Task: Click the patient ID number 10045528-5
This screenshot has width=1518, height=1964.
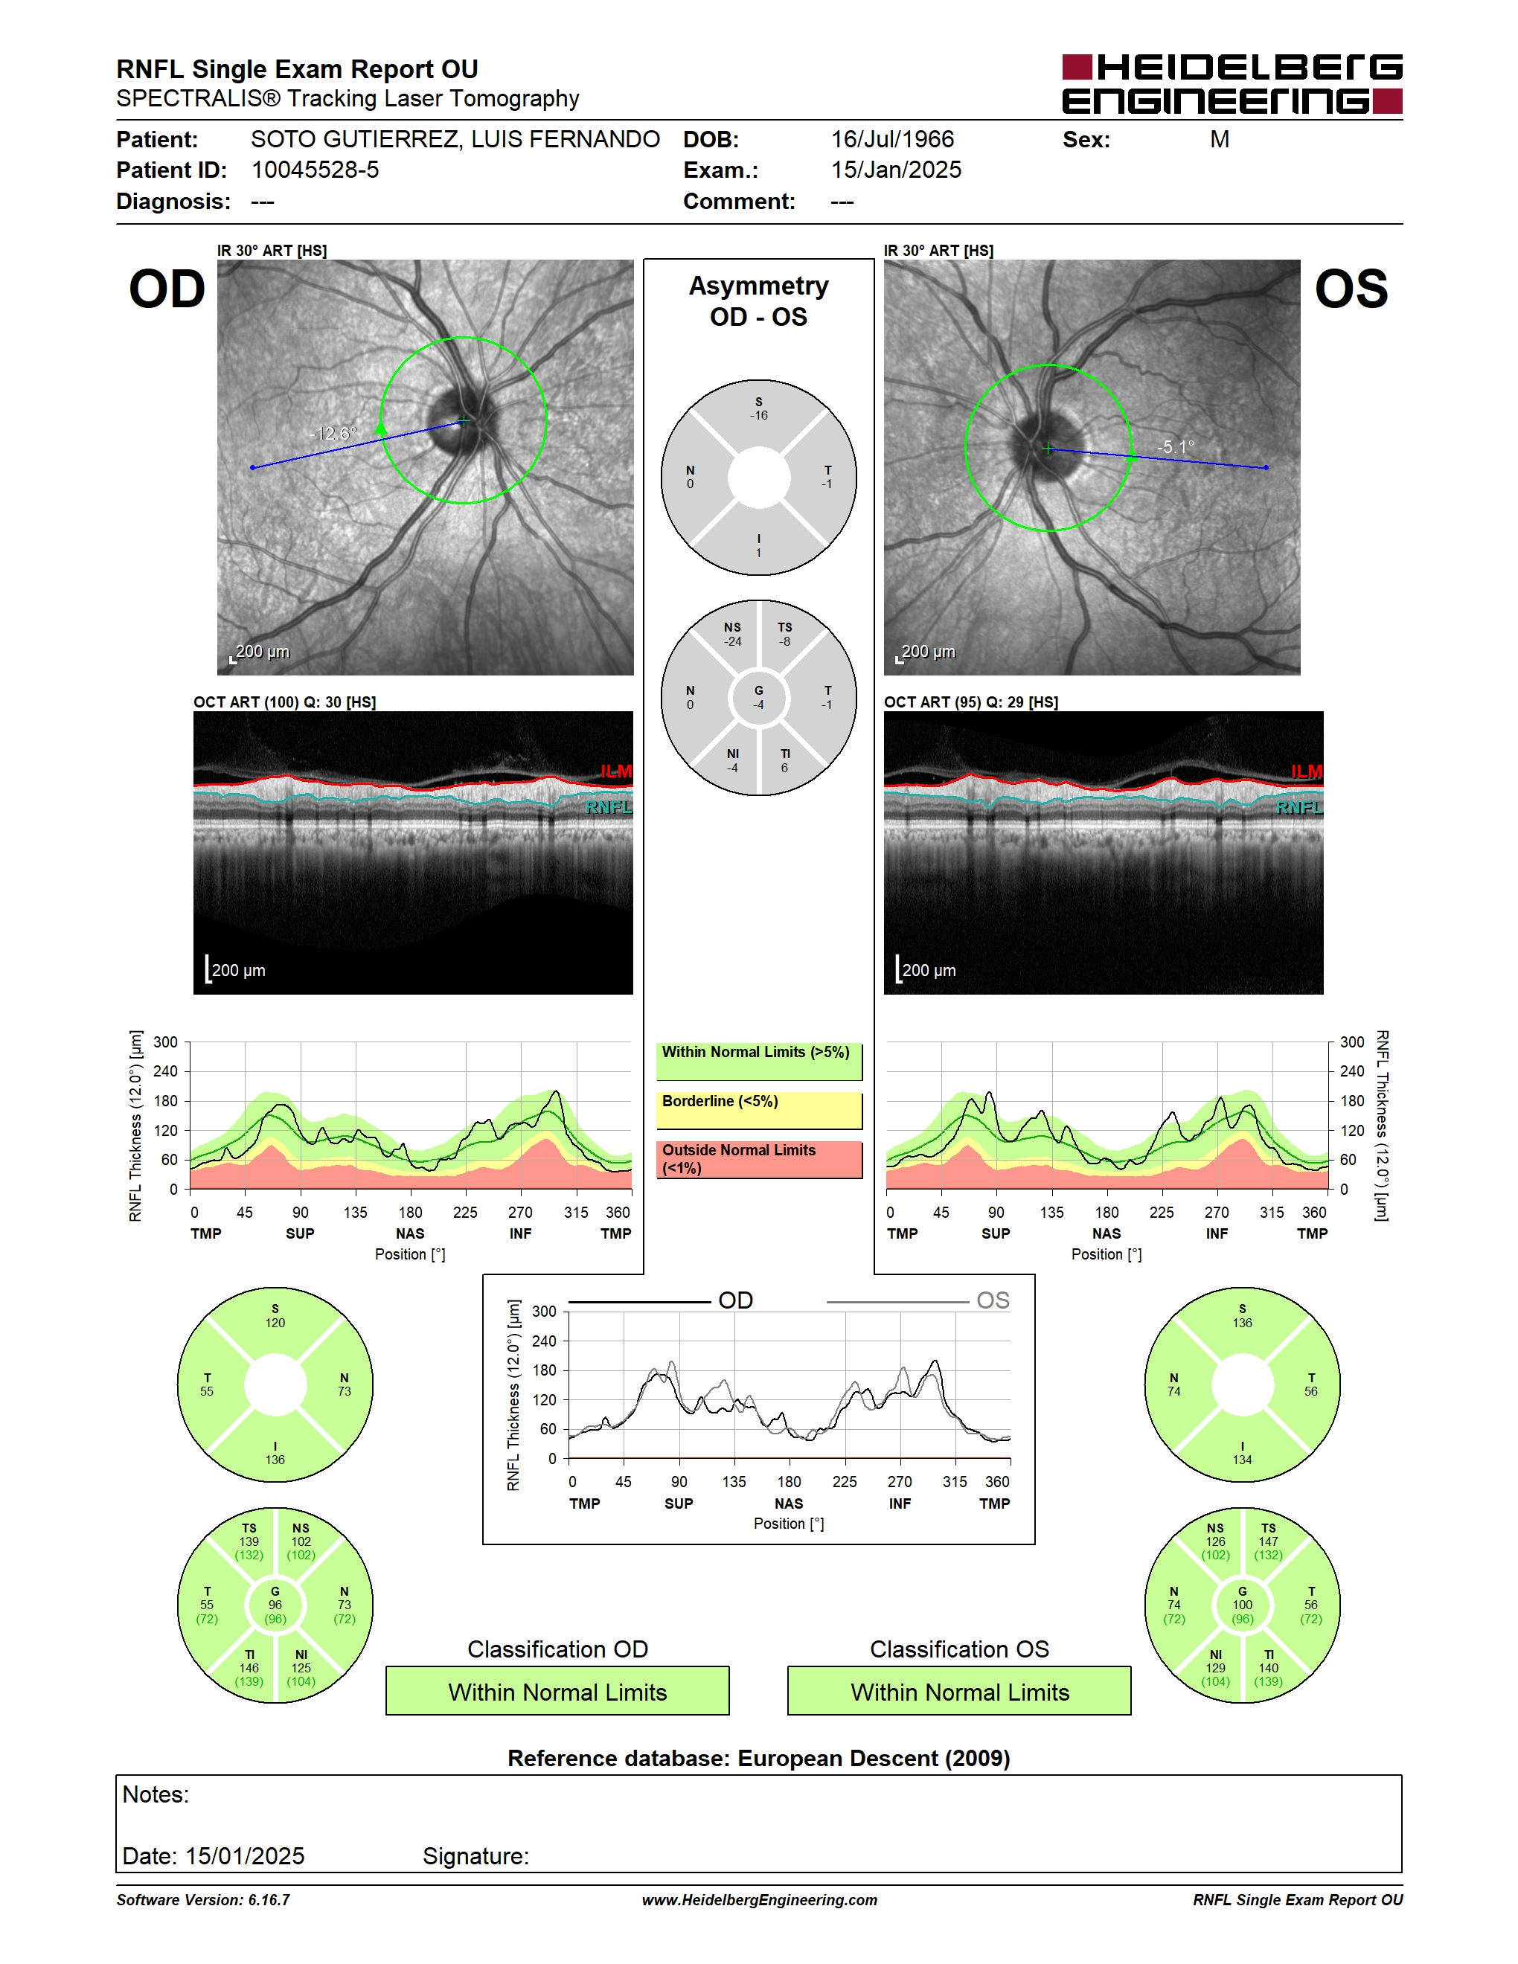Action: pos(315,170)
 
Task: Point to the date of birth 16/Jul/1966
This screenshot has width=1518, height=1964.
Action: pos(892,139)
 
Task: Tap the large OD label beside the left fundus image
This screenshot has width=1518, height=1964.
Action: pos(167,289)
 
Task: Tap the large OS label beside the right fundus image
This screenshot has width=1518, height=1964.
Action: pos(1351,289)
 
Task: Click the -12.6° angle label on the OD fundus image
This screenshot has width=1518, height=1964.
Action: pos(333,434)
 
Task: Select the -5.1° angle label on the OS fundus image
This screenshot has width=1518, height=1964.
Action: pos(1176,447)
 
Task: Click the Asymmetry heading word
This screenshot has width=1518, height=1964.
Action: pos(758,286)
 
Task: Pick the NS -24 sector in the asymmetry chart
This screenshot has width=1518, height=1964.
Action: pos(733,634)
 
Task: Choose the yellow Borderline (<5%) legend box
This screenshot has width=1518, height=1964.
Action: pos(759,1111)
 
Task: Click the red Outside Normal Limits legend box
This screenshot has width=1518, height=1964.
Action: pos(759,1159)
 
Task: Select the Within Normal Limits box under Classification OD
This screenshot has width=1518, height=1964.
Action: pos(557,1691)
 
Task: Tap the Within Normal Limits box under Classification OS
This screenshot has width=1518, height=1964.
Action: pos(960,1691)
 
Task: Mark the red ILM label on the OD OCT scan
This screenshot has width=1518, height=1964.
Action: pos(616,771)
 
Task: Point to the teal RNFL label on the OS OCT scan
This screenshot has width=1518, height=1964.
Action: pos(1298,807)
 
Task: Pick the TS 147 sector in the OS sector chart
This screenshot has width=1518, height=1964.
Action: pos(1268,1541)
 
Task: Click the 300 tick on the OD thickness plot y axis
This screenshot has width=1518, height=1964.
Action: pos(165,1042)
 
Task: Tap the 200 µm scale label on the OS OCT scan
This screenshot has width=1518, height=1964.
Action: pos(929,970)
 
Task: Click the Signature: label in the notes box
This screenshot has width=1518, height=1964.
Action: pos(475,1856)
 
